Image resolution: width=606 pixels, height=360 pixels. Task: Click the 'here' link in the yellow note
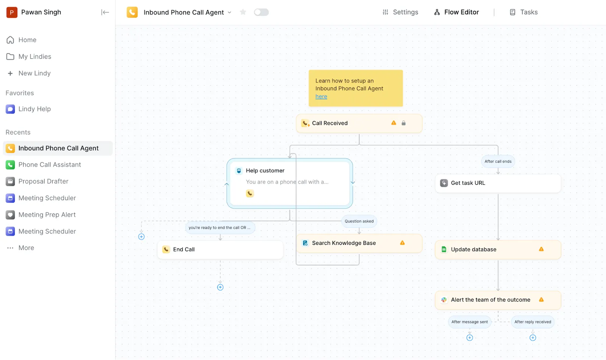click(x=321, y=97)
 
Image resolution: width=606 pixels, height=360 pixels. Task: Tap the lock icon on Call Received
click(x=403, y=123)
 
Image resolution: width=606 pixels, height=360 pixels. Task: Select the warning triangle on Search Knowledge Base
click(x=402, y=243)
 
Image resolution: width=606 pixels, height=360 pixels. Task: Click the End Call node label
click(x=184, y=249)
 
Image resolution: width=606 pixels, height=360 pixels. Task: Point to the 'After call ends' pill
click(x=498, y=162)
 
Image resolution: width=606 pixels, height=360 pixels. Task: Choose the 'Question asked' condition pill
click(x=359, y=221)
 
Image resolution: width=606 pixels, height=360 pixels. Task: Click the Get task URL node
click(x=498, y=183)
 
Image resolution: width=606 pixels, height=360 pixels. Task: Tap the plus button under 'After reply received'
click(x=533, y=338)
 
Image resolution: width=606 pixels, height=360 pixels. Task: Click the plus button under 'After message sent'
click(x=469, y=338)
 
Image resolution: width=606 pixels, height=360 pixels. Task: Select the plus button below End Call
click(x=220, y=287)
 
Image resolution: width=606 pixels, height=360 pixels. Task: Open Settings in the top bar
click(x=400, y=12)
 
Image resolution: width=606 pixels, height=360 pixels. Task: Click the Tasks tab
click(x=523, y=12)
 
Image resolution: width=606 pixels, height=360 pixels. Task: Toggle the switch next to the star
click(x=261, y=12)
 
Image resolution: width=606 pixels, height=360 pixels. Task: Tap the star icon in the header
click(x=243, y=12)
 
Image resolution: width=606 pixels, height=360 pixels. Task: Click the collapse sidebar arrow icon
click(x=105, y=12)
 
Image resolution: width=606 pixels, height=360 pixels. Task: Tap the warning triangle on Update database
click(x=541, y=249)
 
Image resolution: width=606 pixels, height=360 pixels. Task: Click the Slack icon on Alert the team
click(x=444, y=300)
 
